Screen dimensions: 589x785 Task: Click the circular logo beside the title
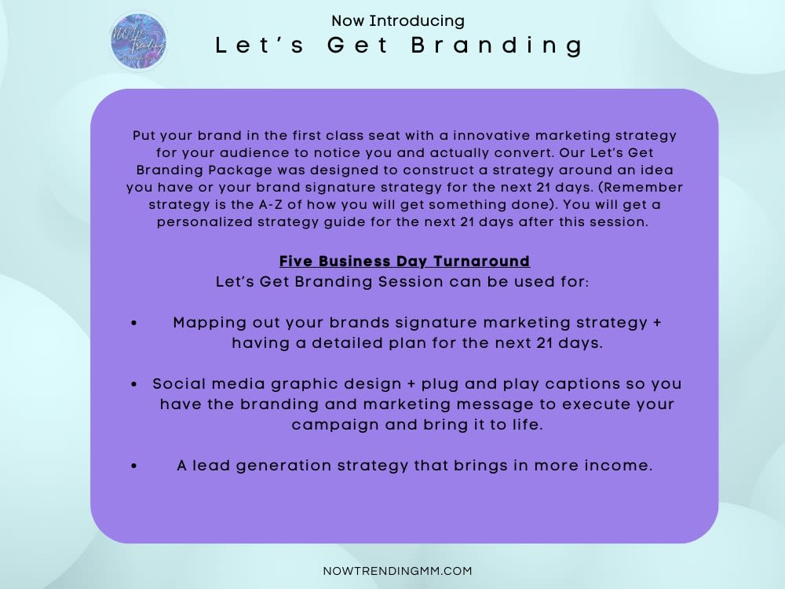[138, 42]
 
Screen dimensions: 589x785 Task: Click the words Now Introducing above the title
[397, 21]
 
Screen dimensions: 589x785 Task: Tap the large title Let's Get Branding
[400, 46]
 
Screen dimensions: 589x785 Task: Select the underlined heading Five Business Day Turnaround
[404, 261]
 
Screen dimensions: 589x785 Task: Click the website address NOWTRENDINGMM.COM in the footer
[397, 571]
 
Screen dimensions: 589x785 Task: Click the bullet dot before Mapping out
[135, 324]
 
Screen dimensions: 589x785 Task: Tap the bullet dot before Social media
[135, 384]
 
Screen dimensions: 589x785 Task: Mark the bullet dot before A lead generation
[135, 466]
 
